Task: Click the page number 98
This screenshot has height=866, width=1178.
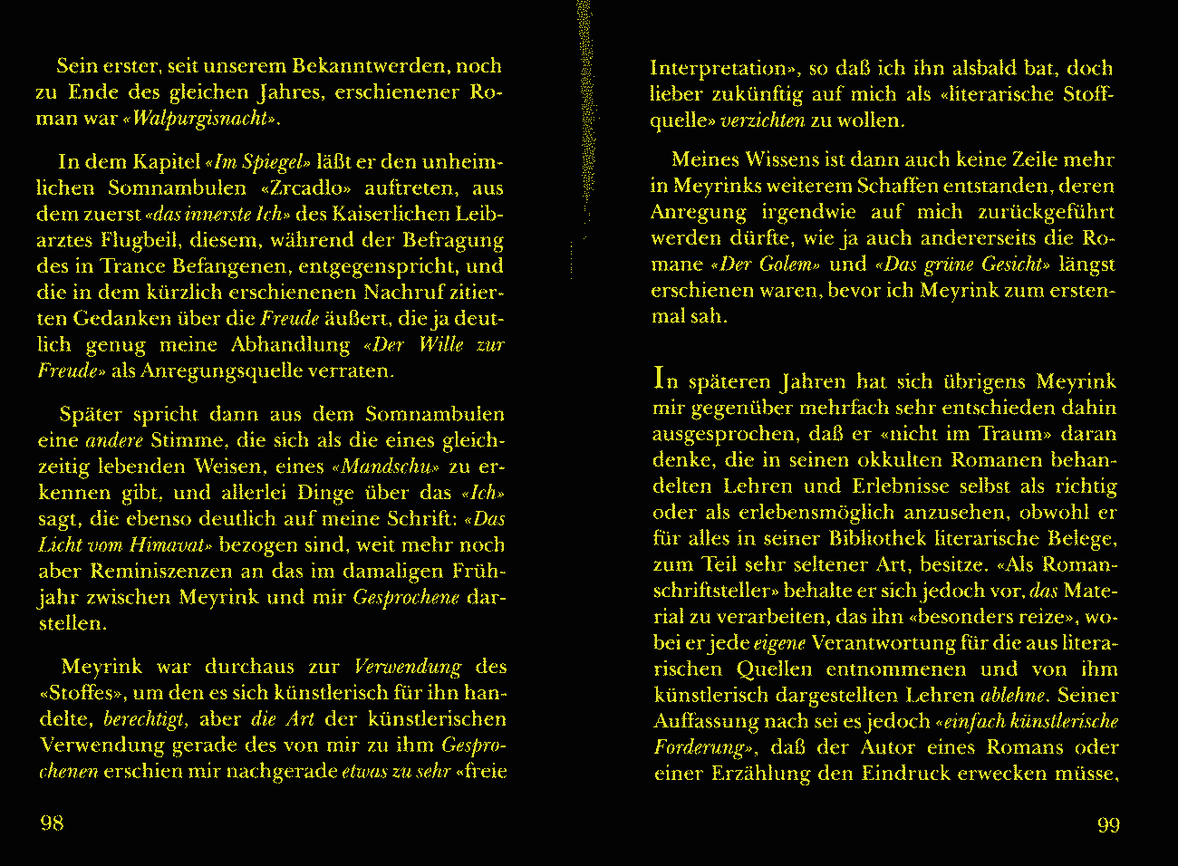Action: click(x=52, y=823)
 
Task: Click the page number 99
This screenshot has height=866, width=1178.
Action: click(x=1108, y=824)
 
